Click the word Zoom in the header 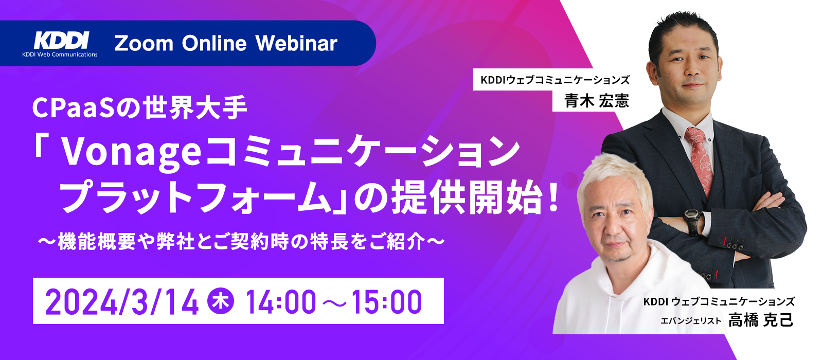[144, 43]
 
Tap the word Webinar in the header [296, 43]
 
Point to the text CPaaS [74, 108]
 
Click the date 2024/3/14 [122, 302]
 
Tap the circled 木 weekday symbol [221, 301]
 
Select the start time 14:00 [281, 302]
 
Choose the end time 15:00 [386, 302]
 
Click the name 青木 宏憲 [597, 101]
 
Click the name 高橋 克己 [761, 320]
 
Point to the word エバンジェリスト [691, 321]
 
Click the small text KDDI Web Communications [60, 55]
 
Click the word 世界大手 [195, 108]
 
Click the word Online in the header [214, 43]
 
